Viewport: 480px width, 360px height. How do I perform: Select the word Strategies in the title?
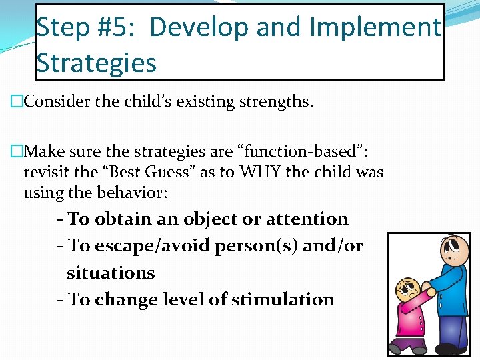tap(97, 63)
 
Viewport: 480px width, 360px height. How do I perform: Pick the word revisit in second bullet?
tap(47, 172)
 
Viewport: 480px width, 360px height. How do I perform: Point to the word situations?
tap(111, 273)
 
